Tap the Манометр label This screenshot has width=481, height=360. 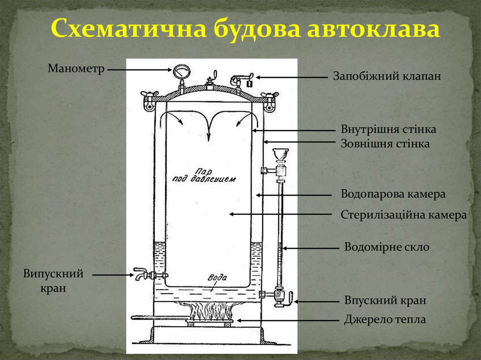click(x=76, y=69)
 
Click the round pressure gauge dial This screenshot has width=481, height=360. click(x=181, y=72)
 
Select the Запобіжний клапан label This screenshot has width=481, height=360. click(x=387, y=76)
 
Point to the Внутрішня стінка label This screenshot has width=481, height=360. click(x=388, y=129)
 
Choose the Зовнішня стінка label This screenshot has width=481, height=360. click(x=385, y=144)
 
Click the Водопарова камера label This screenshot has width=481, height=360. click(x=393, y=194)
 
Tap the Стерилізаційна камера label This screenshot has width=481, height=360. click(x=403, y=215)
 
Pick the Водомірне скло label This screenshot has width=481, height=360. click(x=387, y=247)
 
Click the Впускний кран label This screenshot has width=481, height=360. click(x=385, y=300)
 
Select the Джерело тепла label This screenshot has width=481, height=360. click(x=385, y=320)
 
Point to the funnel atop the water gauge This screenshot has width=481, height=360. click(x=281, y=154)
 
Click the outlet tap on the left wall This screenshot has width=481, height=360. click(x=143, y=274)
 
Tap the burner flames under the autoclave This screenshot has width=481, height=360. click(x=210, y=310)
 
